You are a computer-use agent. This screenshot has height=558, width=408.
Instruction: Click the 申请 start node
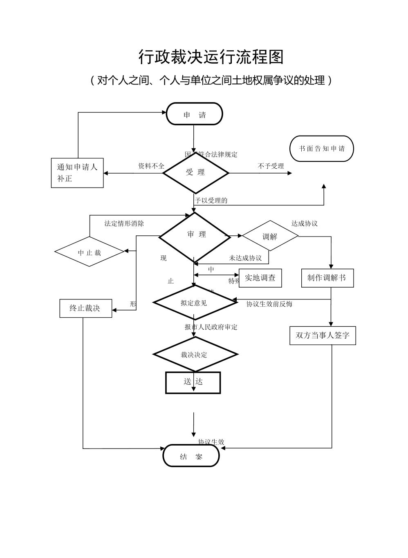click(x=194, y=114)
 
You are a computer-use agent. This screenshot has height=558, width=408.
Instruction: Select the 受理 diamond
click(x=195, y=173)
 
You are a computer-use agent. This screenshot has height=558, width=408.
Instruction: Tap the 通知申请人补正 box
click(x=77, y=173)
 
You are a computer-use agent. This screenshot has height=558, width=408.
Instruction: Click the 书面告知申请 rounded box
click(x=321, y=149)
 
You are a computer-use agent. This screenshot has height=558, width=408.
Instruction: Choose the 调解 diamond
click(x=270, y=236)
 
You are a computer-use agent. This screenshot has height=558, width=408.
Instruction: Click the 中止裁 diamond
click(x=90, y=252)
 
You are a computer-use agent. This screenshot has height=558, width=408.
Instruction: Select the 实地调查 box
click(x=260, y=278)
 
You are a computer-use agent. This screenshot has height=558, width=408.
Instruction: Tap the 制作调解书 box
click(x=327, y=278)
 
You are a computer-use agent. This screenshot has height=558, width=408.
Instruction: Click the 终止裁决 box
click(x=85, y=308)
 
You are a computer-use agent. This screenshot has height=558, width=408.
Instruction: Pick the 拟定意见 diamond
click(x=195, y=303)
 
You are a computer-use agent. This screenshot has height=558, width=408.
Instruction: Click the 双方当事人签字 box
click(x=323, y=335)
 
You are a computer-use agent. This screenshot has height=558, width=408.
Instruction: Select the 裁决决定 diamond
click(x=195, y=354)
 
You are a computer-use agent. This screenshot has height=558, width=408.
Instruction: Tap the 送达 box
click(x=193, y=382)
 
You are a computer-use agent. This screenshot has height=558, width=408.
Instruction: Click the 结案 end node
click(x=191, y=456)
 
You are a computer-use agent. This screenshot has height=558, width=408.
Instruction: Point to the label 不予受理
click(x=271, y=166)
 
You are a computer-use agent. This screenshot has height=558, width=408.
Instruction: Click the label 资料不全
click(x=151, y=166)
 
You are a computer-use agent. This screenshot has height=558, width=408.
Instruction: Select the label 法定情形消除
click(x=124, y=223)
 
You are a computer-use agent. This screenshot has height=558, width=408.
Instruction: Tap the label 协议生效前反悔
click(x=269, y=304)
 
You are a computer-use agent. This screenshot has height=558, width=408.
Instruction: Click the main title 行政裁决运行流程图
click(x=211, y=57)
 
